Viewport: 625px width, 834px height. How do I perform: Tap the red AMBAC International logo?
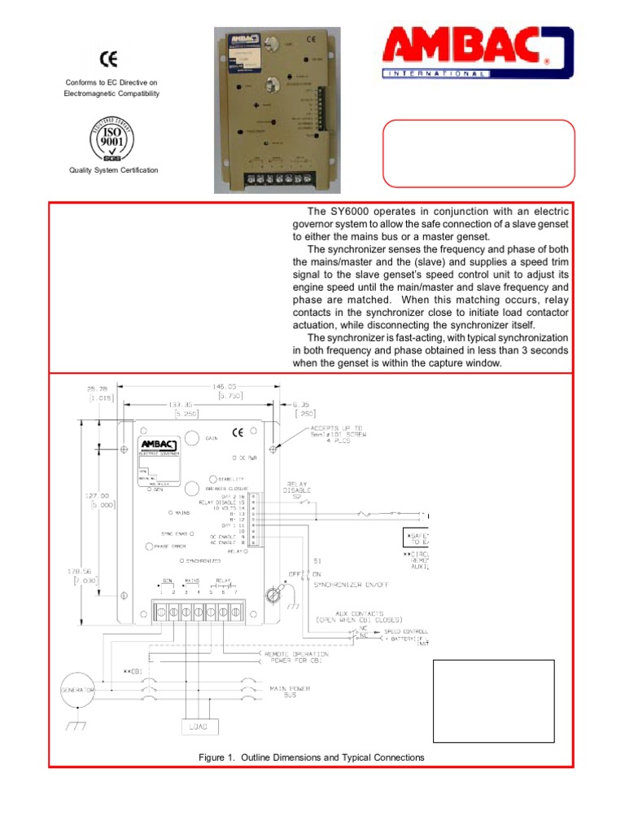tap(479, 53)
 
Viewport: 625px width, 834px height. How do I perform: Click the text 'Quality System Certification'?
tap(114, 170)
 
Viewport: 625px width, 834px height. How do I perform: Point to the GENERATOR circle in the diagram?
tap(75, 689)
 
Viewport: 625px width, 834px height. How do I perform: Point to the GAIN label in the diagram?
tap(211, 438)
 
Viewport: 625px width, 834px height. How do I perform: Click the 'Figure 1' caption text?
tap(312, 757)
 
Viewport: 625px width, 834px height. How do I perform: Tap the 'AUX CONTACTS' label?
tap(359, 615)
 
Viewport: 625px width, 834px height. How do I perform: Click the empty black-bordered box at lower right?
tap(493, 700)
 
